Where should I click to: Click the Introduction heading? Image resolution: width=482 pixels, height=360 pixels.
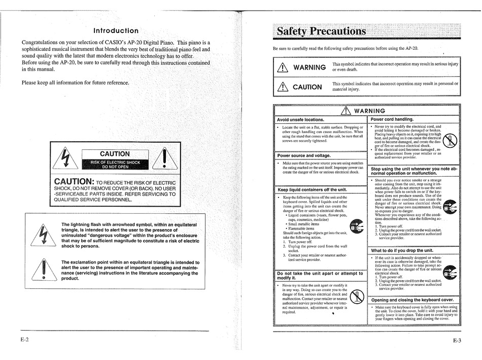[115, 30]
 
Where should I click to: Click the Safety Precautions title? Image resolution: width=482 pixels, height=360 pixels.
[321, 31]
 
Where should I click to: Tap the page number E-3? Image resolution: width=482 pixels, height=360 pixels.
[456, 341]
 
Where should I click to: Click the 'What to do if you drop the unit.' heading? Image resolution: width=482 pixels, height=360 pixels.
[402, 250]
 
